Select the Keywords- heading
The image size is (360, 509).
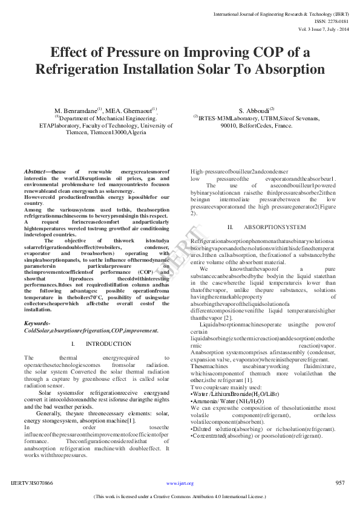click(x=37, y=323)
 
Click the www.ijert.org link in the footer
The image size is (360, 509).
click(x=180, y=484)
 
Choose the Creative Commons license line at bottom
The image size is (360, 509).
click(x=180, y=497)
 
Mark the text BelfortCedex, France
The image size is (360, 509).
click(x=266, y=125)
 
